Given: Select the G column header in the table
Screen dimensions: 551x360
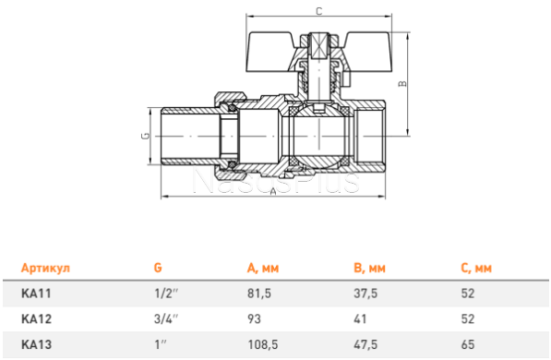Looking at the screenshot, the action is pos(158,268).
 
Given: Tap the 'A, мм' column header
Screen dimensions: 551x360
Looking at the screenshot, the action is pos(263,269).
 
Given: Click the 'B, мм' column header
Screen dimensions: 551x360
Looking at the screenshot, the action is pos(369,269).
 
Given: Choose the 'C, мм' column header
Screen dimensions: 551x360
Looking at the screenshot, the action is pos(476,269).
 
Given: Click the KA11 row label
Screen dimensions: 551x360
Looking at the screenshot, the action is pos(36,294).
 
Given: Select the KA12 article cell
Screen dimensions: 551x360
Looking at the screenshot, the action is pos(36,318).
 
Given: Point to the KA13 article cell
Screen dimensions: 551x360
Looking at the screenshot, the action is pos(36,344).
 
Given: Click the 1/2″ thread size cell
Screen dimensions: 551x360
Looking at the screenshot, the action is pos(166,294).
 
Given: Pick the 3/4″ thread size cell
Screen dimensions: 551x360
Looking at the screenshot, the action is pos(166,318).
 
